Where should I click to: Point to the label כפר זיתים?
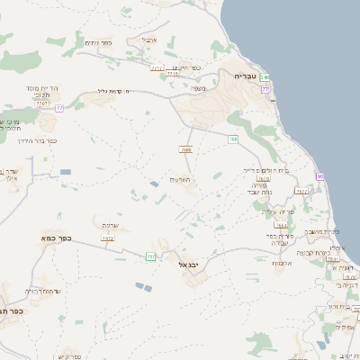point(98,42)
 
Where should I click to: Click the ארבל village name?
point(148,40)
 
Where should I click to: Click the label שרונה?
point(110,226)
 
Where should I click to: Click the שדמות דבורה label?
point(42,291)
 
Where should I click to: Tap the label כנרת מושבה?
point(320,231)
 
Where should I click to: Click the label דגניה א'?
point(346,268)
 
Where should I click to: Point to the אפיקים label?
point(346,327)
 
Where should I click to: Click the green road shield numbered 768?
point(233,139)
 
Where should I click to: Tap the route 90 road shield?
point(319,176)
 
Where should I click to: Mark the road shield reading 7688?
point(186,149)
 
